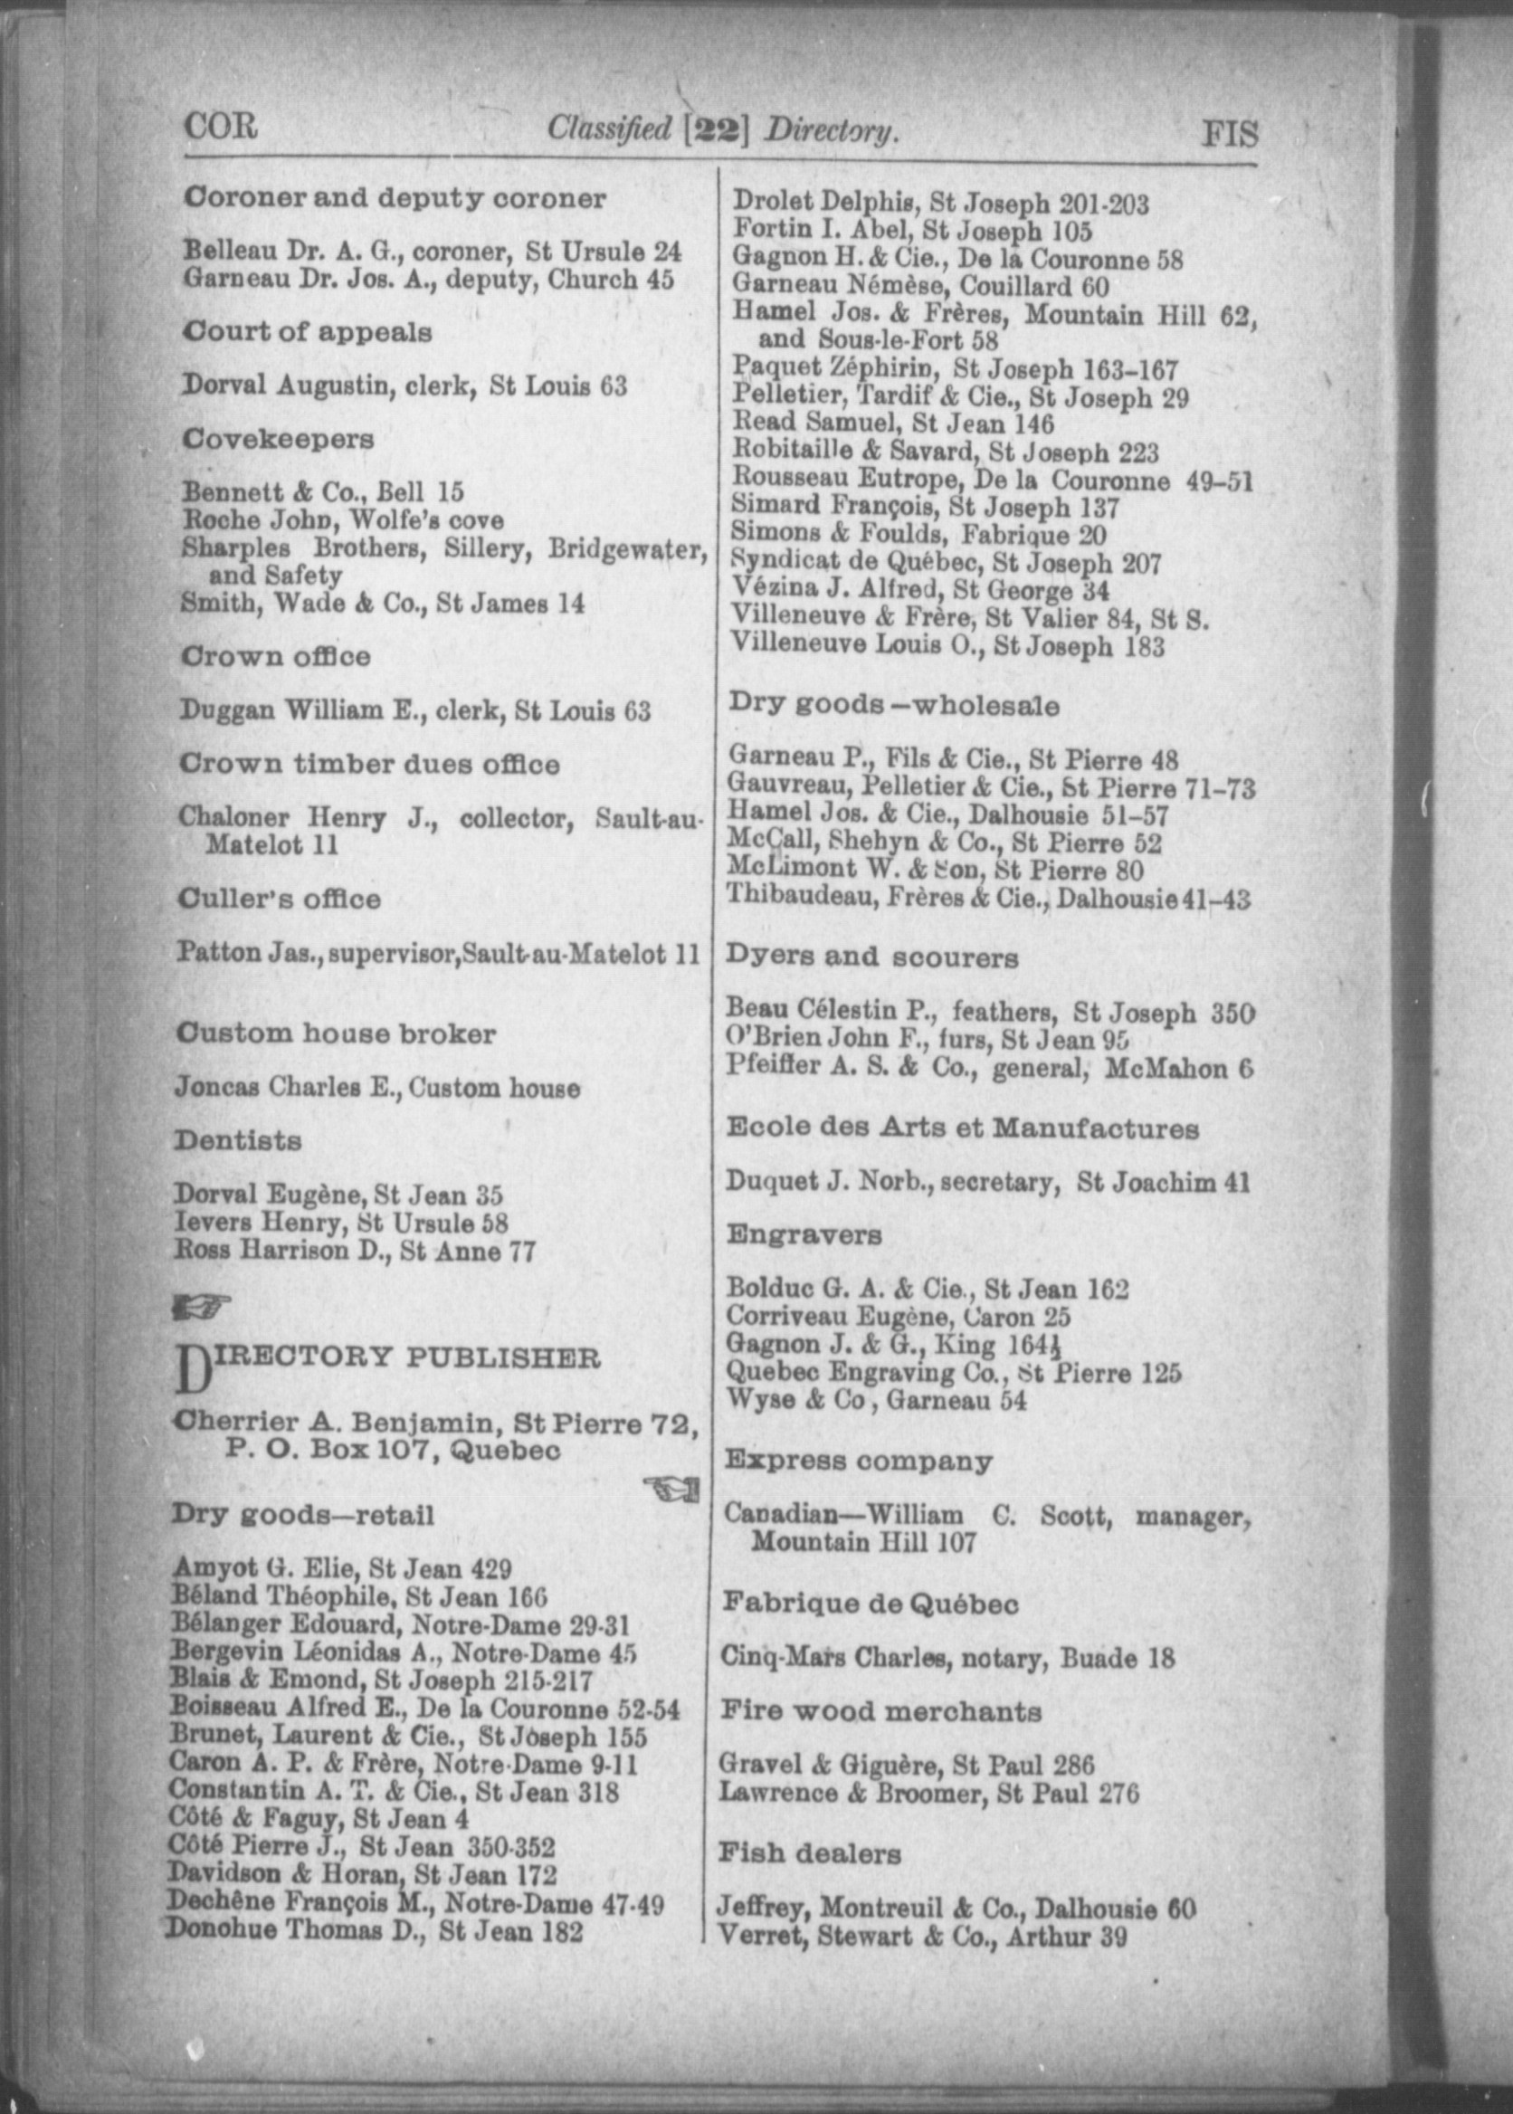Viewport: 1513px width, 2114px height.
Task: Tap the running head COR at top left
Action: tap(221, 126)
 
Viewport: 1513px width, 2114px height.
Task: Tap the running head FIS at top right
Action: tap(1230, 134)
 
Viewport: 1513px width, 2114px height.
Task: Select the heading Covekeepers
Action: tap(279, 439)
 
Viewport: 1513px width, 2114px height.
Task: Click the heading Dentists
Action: tap(239, 1140)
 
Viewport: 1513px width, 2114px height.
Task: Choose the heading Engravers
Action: tap(804, 1235)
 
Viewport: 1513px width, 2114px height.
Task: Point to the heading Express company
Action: tap(857, 1460)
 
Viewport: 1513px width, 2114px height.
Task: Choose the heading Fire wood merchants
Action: tap(880, 1710)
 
